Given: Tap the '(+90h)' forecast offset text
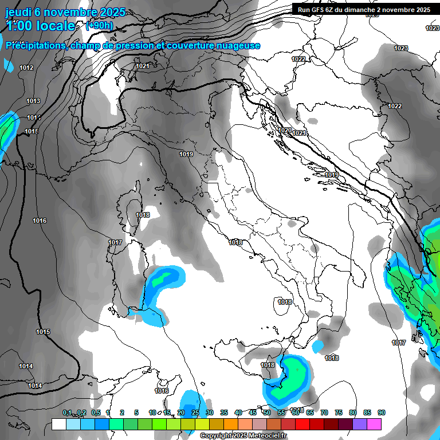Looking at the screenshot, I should [99, 26].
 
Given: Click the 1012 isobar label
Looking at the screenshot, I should [26, 68].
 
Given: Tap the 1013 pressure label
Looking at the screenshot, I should [33, 101].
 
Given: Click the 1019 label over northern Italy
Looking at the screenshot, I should [186, 154].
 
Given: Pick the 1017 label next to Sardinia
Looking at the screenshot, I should [115, 243].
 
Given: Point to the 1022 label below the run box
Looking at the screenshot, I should [298, 59].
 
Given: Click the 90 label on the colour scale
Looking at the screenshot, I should [381, 413].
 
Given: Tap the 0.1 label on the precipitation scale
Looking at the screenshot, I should [67, 413].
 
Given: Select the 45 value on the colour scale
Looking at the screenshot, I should [252, 413].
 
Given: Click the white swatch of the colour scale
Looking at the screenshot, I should [58, 424].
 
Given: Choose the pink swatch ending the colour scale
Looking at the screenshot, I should [374, 424].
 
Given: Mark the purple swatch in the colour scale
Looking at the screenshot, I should [359, 424].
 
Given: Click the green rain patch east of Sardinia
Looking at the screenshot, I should [164, 277].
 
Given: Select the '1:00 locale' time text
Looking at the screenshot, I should [40, 26].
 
